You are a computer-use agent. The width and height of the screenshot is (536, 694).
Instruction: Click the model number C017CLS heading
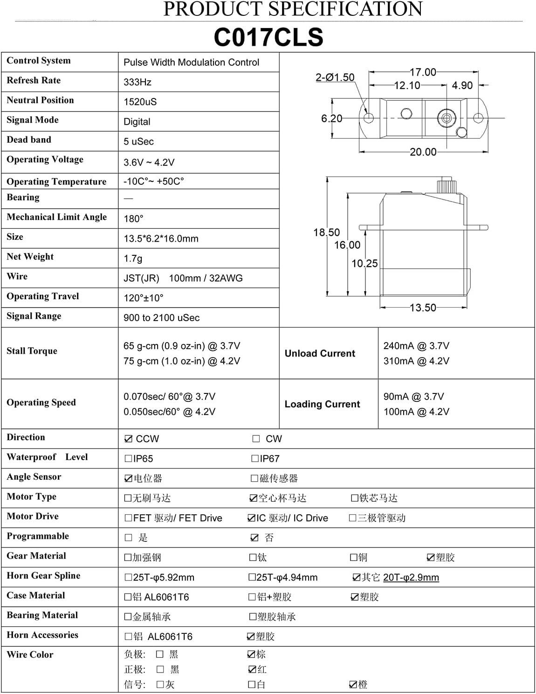click(x=268, y=37)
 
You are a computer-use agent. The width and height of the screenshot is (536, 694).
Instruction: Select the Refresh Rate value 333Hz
click(x=137, y=82)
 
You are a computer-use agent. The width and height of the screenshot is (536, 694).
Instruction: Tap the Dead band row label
click(x=29, y=140)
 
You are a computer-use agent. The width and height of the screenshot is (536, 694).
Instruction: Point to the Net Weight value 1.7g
click(x=133, y=258)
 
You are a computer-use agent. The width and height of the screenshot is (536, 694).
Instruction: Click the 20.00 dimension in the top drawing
click(x=423, y=152)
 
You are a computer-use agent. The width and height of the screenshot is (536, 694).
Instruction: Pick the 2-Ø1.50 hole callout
click(x=335, y=77)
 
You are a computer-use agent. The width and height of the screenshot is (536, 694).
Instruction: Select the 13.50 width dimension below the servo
click(x=423, y=308)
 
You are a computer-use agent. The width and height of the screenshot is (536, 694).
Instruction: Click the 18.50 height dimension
click(x=326, y=232)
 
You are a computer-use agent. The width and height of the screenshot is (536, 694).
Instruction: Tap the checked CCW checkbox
click(x=129, y=439)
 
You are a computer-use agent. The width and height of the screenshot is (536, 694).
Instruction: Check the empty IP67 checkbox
click(x=255, y=459)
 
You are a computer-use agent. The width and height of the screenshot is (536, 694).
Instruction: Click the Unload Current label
click(x=320, y=353)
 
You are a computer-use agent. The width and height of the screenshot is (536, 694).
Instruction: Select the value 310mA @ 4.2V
click(x=416, y=361)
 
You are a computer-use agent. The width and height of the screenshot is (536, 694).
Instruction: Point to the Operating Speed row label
click(x=41, y=402)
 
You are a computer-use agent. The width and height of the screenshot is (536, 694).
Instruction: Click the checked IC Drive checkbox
click(x=251, y=518)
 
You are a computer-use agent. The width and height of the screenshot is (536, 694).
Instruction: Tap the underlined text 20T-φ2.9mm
click(x=411, y=577)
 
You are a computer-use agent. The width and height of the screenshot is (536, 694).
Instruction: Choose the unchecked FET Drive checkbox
click(x=128, y=518)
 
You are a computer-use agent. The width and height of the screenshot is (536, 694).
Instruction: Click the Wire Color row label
click(x=30, y=654)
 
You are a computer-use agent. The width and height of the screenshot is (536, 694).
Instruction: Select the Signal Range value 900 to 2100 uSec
click(x=161, y=318)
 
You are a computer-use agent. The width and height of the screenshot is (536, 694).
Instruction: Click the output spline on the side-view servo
click(x=445, y=185)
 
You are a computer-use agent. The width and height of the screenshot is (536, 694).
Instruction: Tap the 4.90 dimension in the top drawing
click(x=462, y=86)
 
